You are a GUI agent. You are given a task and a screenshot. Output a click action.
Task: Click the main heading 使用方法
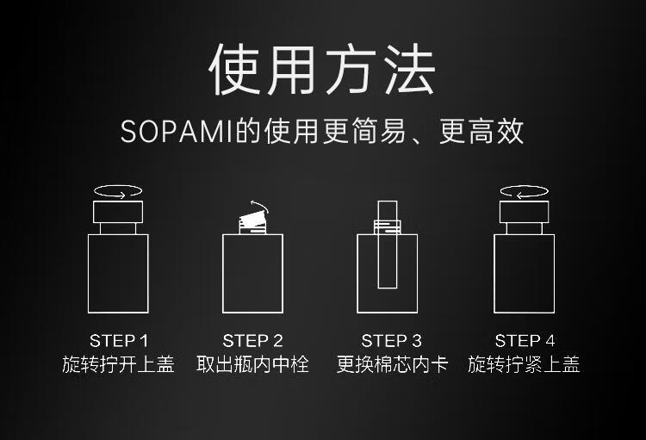point(322,69)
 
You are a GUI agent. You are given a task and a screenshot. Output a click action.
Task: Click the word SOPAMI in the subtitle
point(177,132)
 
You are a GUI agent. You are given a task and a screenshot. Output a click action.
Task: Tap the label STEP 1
point(119,341)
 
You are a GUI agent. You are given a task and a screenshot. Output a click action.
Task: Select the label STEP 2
point(252,341)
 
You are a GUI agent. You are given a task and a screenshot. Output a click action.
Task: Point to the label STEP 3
point(391,341)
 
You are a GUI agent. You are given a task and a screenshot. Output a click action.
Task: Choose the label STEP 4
point(525,341)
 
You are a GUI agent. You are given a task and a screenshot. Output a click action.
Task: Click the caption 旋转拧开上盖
point(118,364)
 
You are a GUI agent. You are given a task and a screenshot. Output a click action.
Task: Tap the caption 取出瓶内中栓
point(252,364)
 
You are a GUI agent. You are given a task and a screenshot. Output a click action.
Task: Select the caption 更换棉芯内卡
point(392,364)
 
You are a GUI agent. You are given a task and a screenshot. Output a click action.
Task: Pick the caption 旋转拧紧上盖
point(524,364)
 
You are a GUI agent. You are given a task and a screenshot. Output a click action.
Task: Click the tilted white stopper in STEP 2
point(252,220)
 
